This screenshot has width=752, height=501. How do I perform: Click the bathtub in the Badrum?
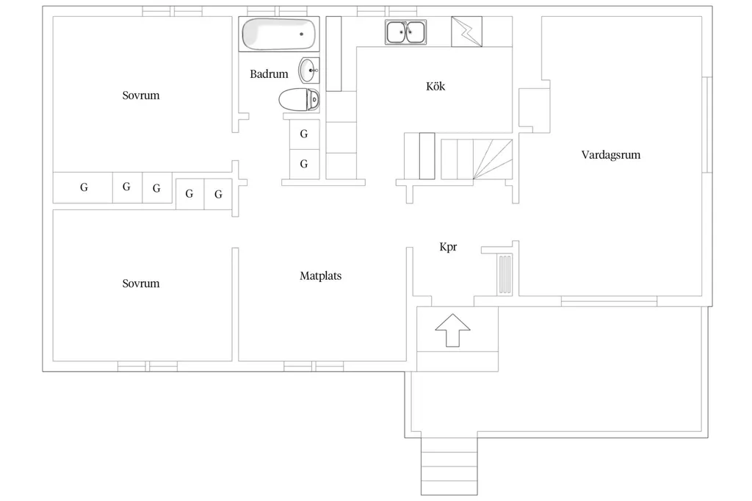click(279, 34)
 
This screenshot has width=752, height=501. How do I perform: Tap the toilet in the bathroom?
click(300, 99)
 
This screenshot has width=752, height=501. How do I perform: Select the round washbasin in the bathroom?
click(309, 71)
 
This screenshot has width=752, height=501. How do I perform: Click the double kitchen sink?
click(405, 32)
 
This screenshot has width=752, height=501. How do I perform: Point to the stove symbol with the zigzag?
click(466, 32)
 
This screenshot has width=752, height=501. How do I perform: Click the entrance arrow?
click(452, 330)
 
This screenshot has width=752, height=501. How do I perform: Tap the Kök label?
click(435, 87)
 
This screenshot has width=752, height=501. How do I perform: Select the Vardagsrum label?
click(610, 155)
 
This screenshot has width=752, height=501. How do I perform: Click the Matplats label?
click(320, 276)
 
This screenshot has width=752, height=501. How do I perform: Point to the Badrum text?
click(269, 74)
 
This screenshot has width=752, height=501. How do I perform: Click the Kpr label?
click(448, 247)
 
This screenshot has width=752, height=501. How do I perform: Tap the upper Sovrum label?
click(140, 95)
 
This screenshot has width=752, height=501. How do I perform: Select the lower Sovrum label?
click(140, 284)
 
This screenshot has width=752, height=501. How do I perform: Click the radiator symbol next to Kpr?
click(505, 275)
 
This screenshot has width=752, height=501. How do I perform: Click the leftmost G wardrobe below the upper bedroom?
click(83, 187)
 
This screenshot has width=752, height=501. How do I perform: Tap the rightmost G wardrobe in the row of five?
click(218, 195)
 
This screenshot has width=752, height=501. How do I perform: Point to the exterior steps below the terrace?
click(449, 466)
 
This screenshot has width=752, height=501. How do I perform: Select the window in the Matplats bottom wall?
click(314, 367)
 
